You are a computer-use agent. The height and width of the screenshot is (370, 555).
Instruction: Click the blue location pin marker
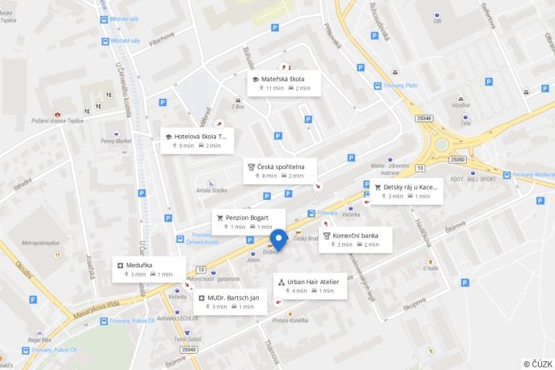point(278,240)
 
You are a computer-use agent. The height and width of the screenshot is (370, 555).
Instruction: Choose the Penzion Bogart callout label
point(247,218)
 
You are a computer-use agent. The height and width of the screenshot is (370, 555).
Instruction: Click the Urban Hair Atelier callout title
point(312,282)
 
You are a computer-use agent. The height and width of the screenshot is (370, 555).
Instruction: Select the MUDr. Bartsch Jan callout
point(232,298)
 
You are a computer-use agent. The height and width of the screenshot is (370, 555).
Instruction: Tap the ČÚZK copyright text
point(537,364)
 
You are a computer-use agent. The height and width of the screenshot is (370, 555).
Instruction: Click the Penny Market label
point(115,141)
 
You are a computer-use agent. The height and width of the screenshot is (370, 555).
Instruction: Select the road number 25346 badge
point(424,119)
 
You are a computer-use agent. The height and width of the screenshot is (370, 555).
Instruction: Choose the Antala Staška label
point(211,191)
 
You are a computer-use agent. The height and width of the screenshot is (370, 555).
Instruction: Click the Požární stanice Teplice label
point(58,121)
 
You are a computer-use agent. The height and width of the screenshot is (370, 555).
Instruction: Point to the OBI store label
point(438,21)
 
